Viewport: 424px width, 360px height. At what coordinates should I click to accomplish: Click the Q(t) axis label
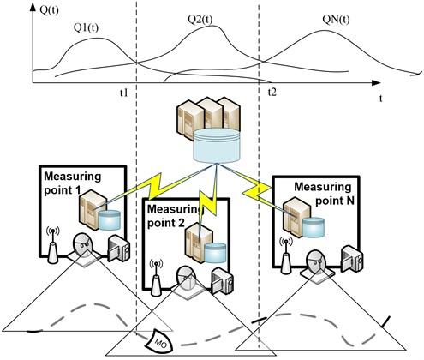(x=50, y=10)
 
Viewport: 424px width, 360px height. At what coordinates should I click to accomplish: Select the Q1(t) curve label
(x=86, y=27)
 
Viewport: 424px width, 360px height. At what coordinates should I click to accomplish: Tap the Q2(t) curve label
(x=200, y=20)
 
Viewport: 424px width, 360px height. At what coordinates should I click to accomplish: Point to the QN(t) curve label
(x=336, y=20)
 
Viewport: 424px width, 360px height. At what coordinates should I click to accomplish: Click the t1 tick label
(x=123, y=93)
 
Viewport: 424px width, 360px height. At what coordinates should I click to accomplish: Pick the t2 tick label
(x=272, y=93)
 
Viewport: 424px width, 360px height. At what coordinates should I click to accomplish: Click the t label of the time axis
(x=380, y=99)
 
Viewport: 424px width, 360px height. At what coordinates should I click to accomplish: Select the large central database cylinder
(x=217, y=146)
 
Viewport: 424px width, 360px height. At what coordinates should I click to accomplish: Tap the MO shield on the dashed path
(x=160, y=341)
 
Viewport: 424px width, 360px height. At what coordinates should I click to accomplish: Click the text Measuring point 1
(x=72, y=183)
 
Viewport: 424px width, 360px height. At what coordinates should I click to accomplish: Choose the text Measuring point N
(x=324, y=194)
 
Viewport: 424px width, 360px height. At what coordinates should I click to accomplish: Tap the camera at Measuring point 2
(x=222, y=280)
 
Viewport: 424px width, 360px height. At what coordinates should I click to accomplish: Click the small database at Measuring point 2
(x=216, y=253)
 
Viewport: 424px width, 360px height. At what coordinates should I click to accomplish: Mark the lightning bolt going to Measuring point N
(x=256, y=191)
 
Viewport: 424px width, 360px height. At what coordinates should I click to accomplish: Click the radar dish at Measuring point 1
(x=83, y=248)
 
